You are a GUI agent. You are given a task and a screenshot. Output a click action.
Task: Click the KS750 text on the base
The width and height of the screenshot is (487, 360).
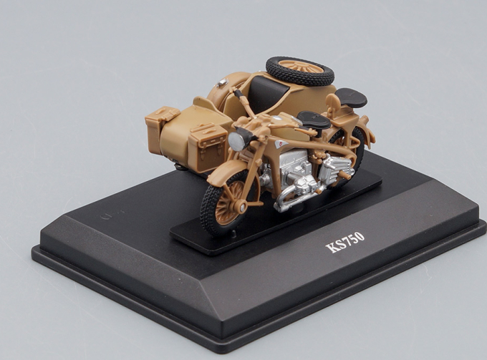[344, 242]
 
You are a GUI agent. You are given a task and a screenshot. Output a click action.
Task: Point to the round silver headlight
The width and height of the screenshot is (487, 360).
[236, 142]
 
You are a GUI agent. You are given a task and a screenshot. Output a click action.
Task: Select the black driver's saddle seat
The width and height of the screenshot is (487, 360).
[314, 120]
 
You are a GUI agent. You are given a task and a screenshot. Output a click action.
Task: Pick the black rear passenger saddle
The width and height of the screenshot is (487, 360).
[351, 97]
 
